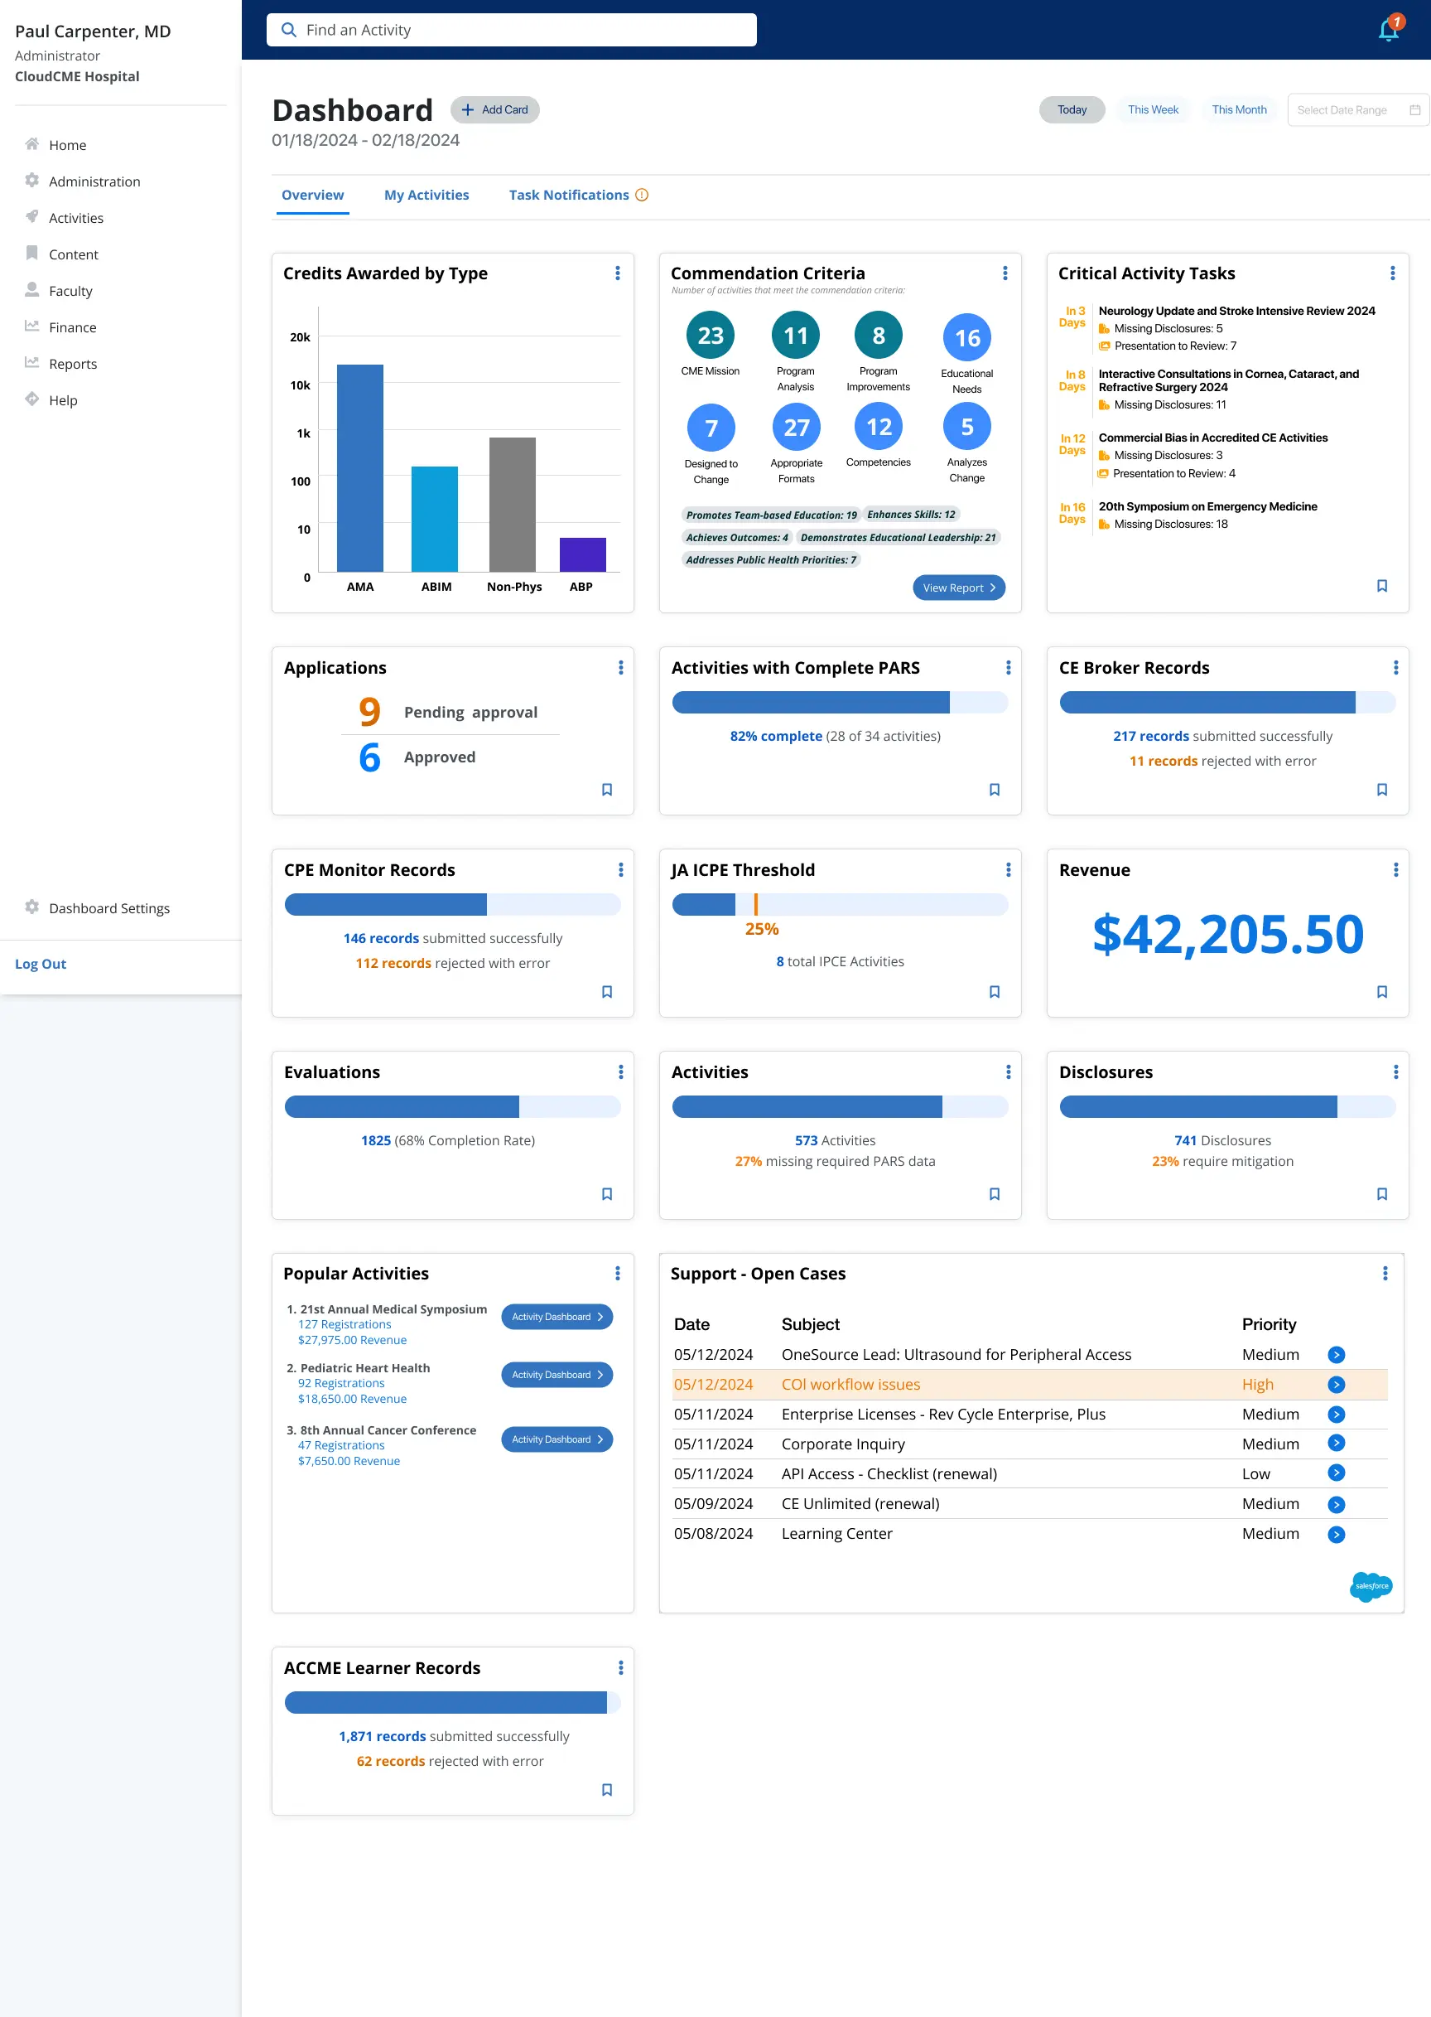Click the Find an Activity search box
coord(511,30)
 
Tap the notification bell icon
coord(1388,30)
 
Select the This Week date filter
coord(1153,110)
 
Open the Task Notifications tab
coord(569,195)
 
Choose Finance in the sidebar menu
coord(72,327)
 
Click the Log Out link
coord(41,964)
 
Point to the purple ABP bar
coord(582,554)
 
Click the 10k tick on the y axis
coord(300,385)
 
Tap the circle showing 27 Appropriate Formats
coord(797,428)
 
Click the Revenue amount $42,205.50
coord(1227,934)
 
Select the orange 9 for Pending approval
coord(369,711)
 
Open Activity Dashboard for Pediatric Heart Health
coord(556,1374)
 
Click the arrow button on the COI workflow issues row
coord(1336,1384)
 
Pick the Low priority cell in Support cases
coord(1255,1474)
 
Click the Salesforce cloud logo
coord(1371,1586)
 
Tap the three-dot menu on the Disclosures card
coord(1395,1072)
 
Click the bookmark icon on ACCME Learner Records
coord(607,1790)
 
